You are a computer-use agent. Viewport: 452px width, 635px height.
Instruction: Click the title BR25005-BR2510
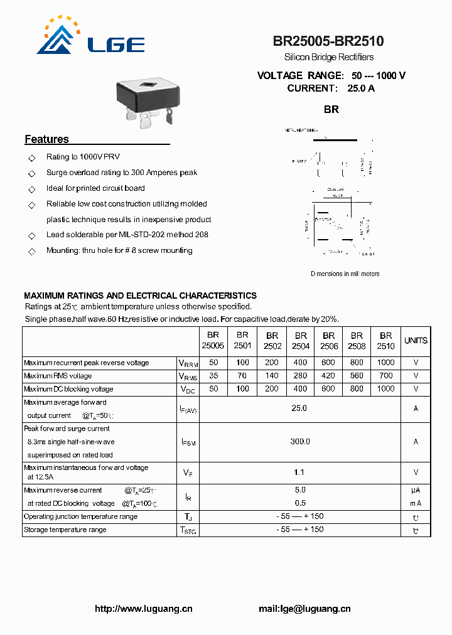[328, 41]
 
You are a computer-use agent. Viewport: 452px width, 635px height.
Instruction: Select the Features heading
[46, 139]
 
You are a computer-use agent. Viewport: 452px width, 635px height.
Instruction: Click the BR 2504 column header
[301, 341]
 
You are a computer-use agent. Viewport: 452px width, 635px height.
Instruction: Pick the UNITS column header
[416, 341]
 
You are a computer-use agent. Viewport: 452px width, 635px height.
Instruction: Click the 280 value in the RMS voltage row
[301, 376]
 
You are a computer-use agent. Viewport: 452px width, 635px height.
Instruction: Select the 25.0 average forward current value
[299, 408]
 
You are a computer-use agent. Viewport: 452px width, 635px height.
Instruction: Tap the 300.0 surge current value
[299, 442]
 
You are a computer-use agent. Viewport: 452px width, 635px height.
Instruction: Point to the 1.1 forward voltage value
[299, 472]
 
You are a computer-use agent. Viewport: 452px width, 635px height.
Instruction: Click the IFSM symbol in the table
[188, 442]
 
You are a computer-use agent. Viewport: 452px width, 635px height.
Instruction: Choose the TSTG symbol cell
[188, 530]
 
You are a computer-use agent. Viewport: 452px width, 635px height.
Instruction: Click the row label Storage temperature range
[65, 530]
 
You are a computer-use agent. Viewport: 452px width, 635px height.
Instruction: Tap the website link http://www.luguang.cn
[143, 609]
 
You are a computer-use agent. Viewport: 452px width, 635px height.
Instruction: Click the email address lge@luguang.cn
[304, 609]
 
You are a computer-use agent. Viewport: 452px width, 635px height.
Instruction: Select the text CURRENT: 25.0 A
[331, 88]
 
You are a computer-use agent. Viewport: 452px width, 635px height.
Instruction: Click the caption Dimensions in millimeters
[345, 274]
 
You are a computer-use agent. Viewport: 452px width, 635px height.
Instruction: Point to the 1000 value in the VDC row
[385, 389]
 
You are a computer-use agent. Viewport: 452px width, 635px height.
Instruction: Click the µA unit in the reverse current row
[416, 490]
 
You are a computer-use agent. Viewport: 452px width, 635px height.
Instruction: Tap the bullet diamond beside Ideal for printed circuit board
[32, 189]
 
